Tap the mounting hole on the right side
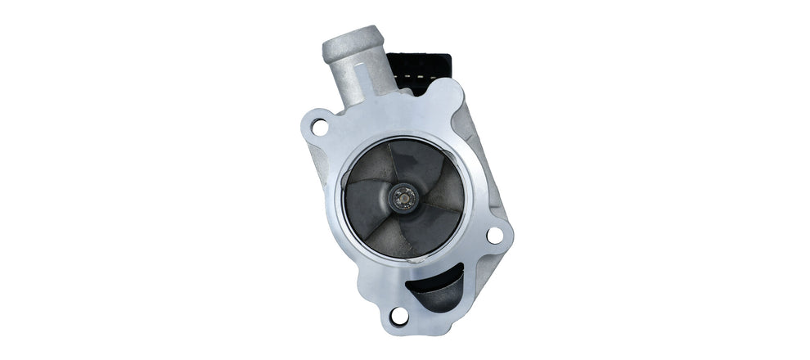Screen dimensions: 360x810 (x=494, y=235)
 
